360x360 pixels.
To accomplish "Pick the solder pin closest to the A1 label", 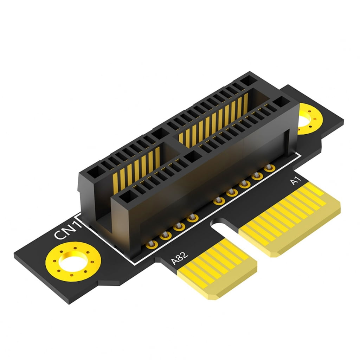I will (x=269, y=168).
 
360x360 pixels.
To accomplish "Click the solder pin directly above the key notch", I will (x=219, y=201).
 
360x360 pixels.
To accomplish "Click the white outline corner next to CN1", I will (x=79, y=214).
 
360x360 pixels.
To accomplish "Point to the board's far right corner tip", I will (x=343, y=121).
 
